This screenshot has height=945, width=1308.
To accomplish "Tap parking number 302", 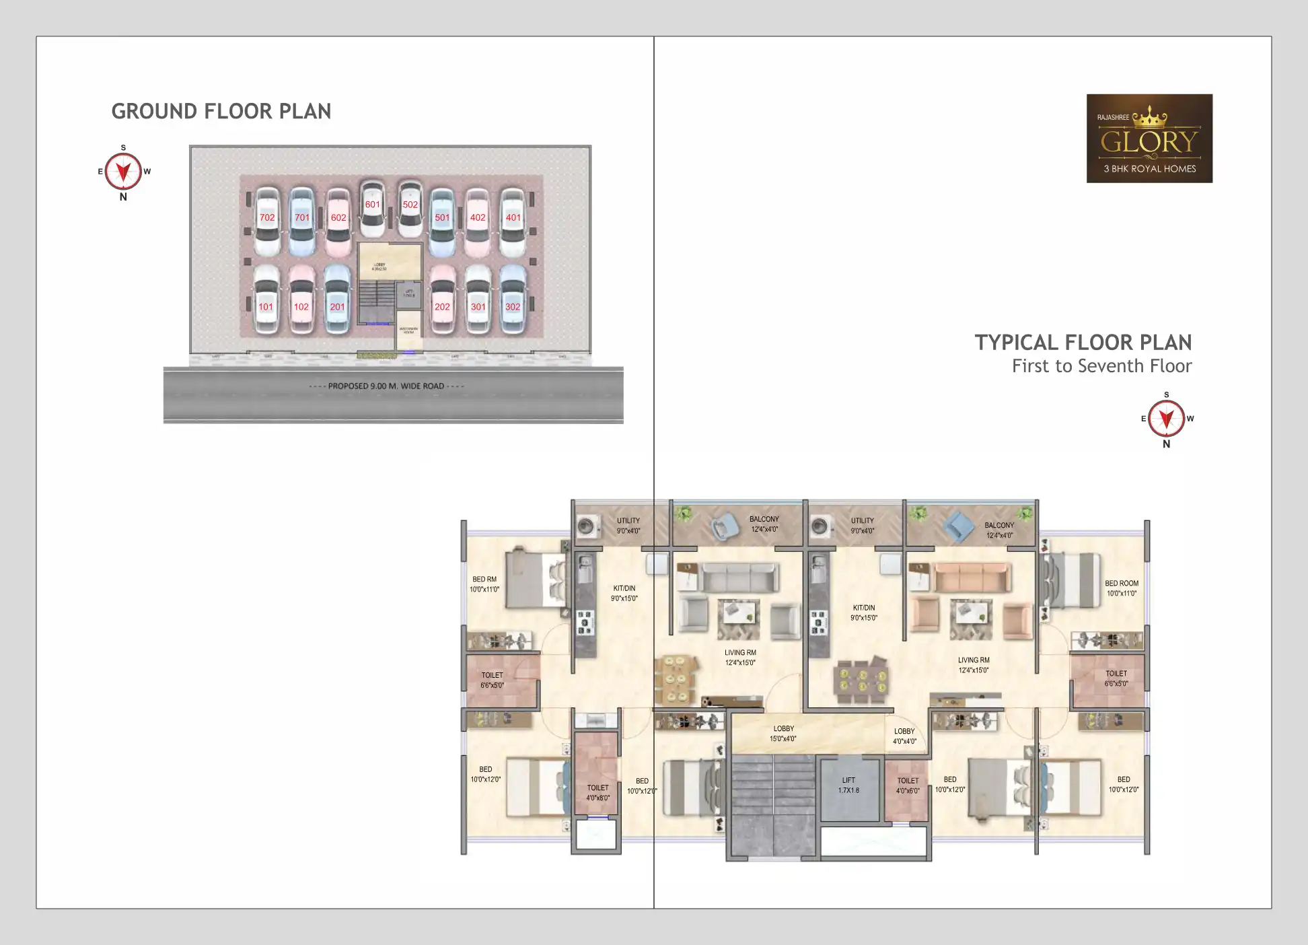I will coord(513,307).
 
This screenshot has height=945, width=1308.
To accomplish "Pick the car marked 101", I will coord(266,307).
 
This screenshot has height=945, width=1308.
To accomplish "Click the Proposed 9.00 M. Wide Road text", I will coord(386,386).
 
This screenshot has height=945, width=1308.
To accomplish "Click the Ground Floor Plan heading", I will coord(221,111).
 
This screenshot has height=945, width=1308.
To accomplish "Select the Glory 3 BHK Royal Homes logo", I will coord(1149,139).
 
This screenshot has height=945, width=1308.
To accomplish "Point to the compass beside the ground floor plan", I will coord(123,172).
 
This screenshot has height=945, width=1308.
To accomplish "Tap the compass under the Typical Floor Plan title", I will coord(1166,419).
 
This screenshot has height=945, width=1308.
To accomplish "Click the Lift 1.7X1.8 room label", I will coord(848,785).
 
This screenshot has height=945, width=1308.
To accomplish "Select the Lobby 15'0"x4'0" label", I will coord(783,734).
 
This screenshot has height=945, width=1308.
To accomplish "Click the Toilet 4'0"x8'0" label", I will coord(597,793).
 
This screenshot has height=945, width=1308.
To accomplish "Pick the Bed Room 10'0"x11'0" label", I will coord(1121,588).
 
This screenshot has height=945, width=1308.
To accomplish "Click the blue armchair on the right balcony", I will coord(958,526).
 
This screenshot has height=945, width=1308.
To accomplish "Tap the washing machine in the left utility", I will coord(587,526).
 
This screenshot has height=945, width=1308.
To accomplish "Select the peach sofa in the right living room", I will coord(972,577).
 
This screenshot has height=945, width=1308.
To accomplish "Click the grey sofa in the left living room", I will coord(738,577).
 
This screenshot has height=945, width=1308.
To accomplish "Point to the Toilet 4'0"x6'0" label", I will coord(908,785).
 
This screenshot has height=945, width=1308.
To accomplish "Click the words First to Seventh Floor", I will coord(1101,366).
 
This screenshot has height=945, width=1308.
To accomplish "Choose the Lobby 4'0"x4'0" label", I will coord(904,736).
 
